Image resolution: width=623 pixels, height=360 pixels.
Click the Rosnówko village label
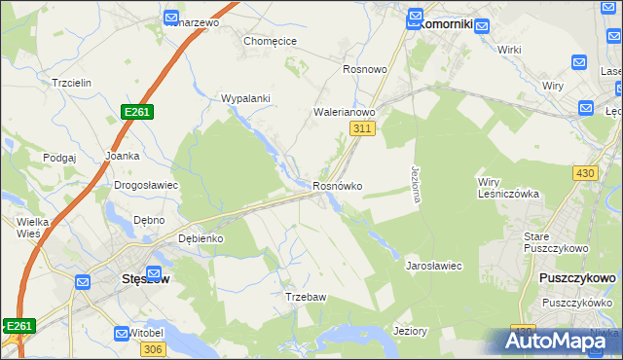338,186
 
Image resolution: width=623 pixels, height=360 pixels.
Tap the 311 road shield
362,128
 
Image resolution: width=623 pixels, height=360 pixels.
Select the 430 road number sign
585,172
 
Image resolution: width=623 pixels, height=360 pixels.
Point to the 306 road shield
152,349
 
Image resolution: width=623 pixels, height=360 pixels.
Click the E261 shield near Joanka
137,114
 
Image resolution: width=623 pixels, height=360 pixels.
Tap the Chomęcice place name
270,42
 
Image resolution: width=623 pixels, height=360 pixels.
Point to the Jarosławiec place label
433,265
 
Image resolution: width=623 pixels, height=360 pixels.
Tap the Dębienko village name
202,238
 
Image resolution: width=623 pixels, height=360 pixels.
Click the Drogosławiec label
145,185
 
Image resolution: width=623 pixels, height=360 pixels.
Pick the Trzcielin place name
72,84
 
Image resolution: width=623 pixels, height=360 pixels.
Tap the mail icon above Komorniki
416,17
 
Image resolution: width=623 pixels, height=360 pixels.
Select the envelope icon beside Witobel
122,333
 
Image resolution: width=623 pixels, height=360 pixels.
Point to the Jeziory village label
410,331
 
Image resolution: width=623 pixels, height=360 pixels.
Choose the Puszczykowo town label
576,278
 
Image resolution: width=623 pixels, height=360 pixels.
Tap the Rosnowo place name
366,70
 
